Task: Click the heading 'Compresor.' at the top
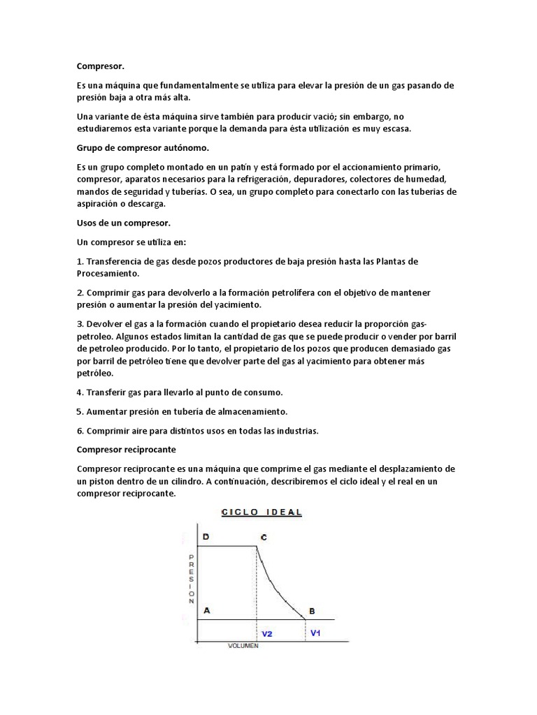pyautogui.click(x=100, y=66)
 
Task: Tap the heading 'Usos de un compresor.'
pyautogui.click(x=123, y=223)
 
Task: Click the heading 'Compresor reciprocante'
pyautogui.click(x=126, y=449)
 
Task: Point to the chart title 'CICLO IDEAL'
pyautogui.click(x=262, y=512)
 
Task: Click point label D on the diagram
pyautogui.click(x=206, y=537)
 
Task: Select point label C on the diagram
pyautogui.click(x=264, y=538)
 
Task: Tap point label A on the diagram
pyautogui.click(x=206, y=610)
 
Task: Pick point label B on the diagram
pyautogui.click(x=311, y=611)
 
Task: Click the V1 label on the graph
pyautogui.click(x=315, y=633)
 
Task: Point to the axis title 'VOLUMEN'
pyautogui.click(x=243, y=646)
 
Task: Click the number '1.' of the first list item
pyautogui.click(x=80, y=261)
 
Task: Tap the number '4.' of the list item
pyautogui.click(x=80, y=392)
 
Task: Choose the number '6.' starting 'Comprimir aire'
pyautogui.click(x=80, y=430)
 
